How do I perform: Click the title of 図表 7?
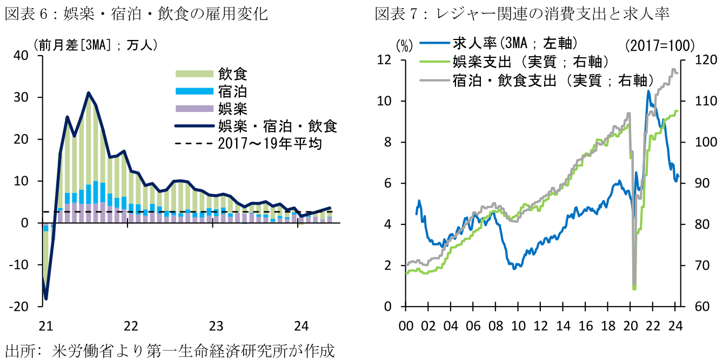[522, 14]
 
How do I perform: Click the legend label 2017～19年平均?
[270, 144]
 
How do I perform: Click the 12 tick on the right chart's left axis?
[389, 60]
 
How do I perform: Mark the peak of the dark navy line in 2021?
[88, 93]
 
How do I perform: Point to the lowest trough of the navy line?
[46, 298]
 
